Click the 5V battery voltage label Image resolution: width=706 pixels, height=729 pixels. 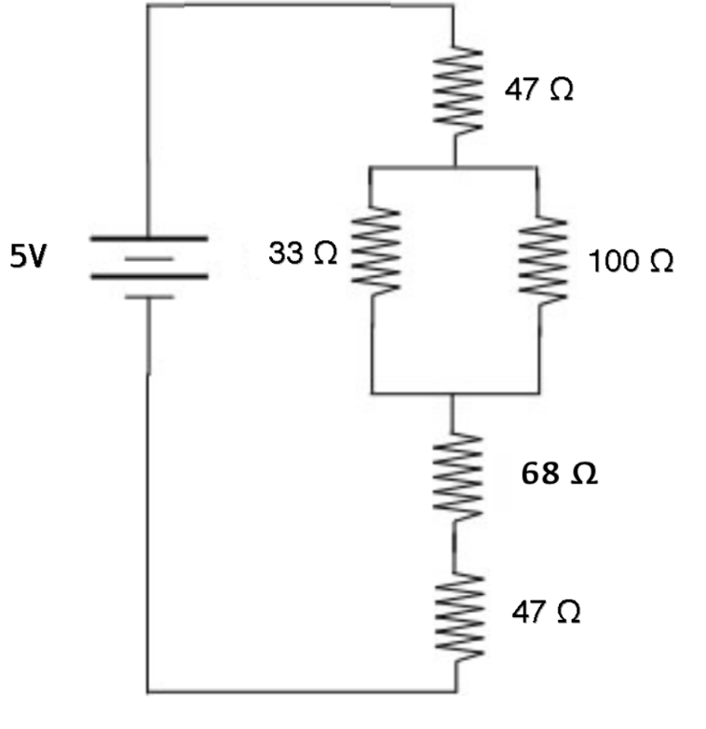(25, 256)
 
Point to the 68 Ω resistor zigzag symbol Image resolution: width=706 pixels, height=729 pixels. (455, 473)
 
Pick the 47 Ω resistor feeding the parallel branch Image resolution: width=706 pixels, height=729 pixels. (457, 90)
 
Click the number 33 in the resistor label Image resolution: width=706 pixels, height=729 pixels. (287, 253)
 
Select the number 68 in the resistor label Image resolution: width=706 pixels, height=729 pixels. (539, 474)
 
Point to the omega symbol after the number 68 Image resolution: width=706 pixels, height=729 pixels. (583, 475)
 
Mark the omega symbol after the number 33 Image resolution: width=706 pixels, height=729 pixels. (325, 253)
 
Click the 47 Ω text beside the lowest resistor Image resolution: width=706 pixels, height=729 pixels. (547, 612)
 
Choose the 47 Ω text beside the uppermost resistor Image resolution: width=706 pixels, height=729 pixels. (539, 91)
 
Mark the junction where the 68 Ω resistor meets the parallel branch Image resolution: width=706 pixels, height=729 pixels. (454, 393)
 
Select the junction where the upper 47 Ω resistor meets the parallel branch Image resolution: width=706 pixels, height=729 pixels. (455, 167)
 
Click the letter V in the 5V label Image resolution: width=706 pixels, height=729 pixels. (34, 256)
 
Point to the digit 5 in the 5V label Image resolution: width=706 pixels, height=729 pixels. (17, 256)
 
